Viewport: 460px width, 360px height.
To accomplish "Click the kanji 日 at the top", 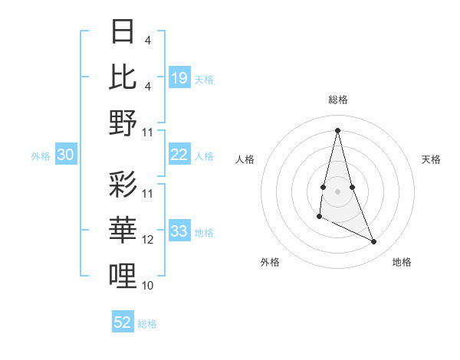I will pos(123,32).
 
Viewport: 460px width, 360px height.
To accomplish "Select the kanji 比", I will pos(123,77).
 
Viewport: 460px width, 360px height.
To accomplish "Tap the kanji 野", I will pos(123,123).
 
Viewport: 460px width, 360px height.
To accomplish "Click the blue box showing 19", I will pos(179,77).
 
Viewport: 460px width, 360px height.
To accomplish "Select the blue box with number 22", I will pos(179,155).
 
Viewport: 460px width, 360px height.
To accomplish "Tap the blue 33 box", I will pos(179,232).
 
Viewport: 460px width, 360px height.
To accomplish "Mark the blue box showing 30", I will pos(66,155).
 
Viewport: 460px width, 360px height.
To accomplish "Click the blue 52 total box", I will pos(123,322).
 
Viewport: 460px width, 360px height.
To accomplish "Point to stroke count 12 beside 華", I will pos(148,240).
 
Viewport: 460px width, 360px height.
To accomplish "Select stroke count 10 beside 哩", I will pos(148,286).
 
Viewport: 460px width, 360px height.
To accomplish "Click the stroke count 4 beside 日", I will pos(147,40).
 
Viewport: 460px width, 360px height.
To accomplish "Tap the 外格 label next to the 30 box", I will pos(41,156).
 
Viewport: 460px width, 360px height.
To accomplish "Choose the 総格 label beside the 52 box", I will pos(148,324).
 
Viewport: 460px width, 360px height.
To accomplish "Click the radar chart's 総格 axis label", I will pos(338,100).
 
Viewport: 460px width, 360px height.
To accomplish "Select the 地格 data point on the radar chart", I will pos(374,242).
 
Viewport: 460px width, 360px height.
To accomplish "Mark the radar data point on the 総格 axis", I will pos(338,130).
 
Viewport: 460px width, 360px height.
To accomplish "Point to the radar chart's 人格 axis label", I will pos(245,159).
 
